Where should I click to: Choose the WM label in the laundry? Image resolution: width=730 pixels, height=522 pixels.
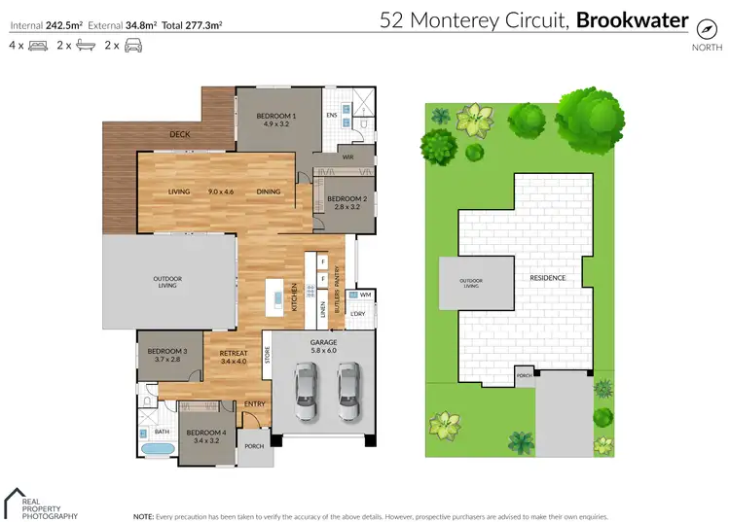tap(365, 294)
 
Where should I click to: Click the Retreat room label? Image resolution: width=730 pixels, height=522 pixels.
tap(234, 352)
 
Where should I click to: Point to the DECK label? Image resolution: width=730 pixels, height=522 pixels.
tap(180, 135)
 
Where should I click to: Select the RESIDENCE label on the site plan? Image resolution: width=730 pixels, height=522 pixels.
tap(548, 277)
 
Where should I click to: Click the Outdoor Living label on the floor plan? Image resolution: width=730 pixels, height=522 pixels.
tap(167, 283)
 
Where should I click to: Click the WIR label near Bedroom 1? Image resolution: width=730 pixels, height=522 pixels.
tap(347, 157)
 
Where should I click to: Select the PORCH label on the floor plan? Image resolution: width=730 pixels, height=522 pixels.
tap(254, 446)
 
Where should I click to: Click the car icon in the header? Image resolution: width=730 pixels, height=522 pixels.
tap(132, 46)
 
